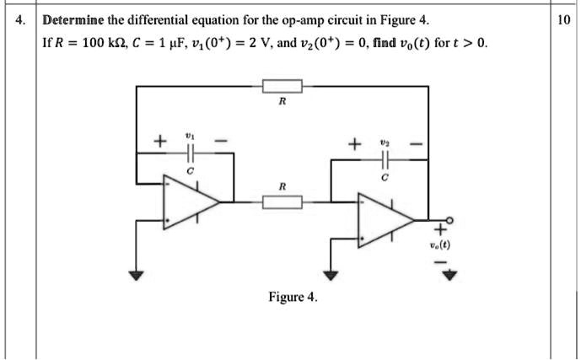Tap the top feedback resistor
(x=282, y=86)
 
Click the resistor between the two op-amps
(x=282, y=202)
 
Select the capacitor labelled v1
(x=190, y=153)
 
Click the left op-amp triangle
(x=189, y=202)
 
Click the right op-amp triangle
(x=384, y=221)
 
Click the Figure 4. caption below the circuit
(x=293, y=297)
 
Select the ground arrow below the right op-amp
(x=331, y=275)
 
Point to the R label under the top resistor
(x=282, y=102)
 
